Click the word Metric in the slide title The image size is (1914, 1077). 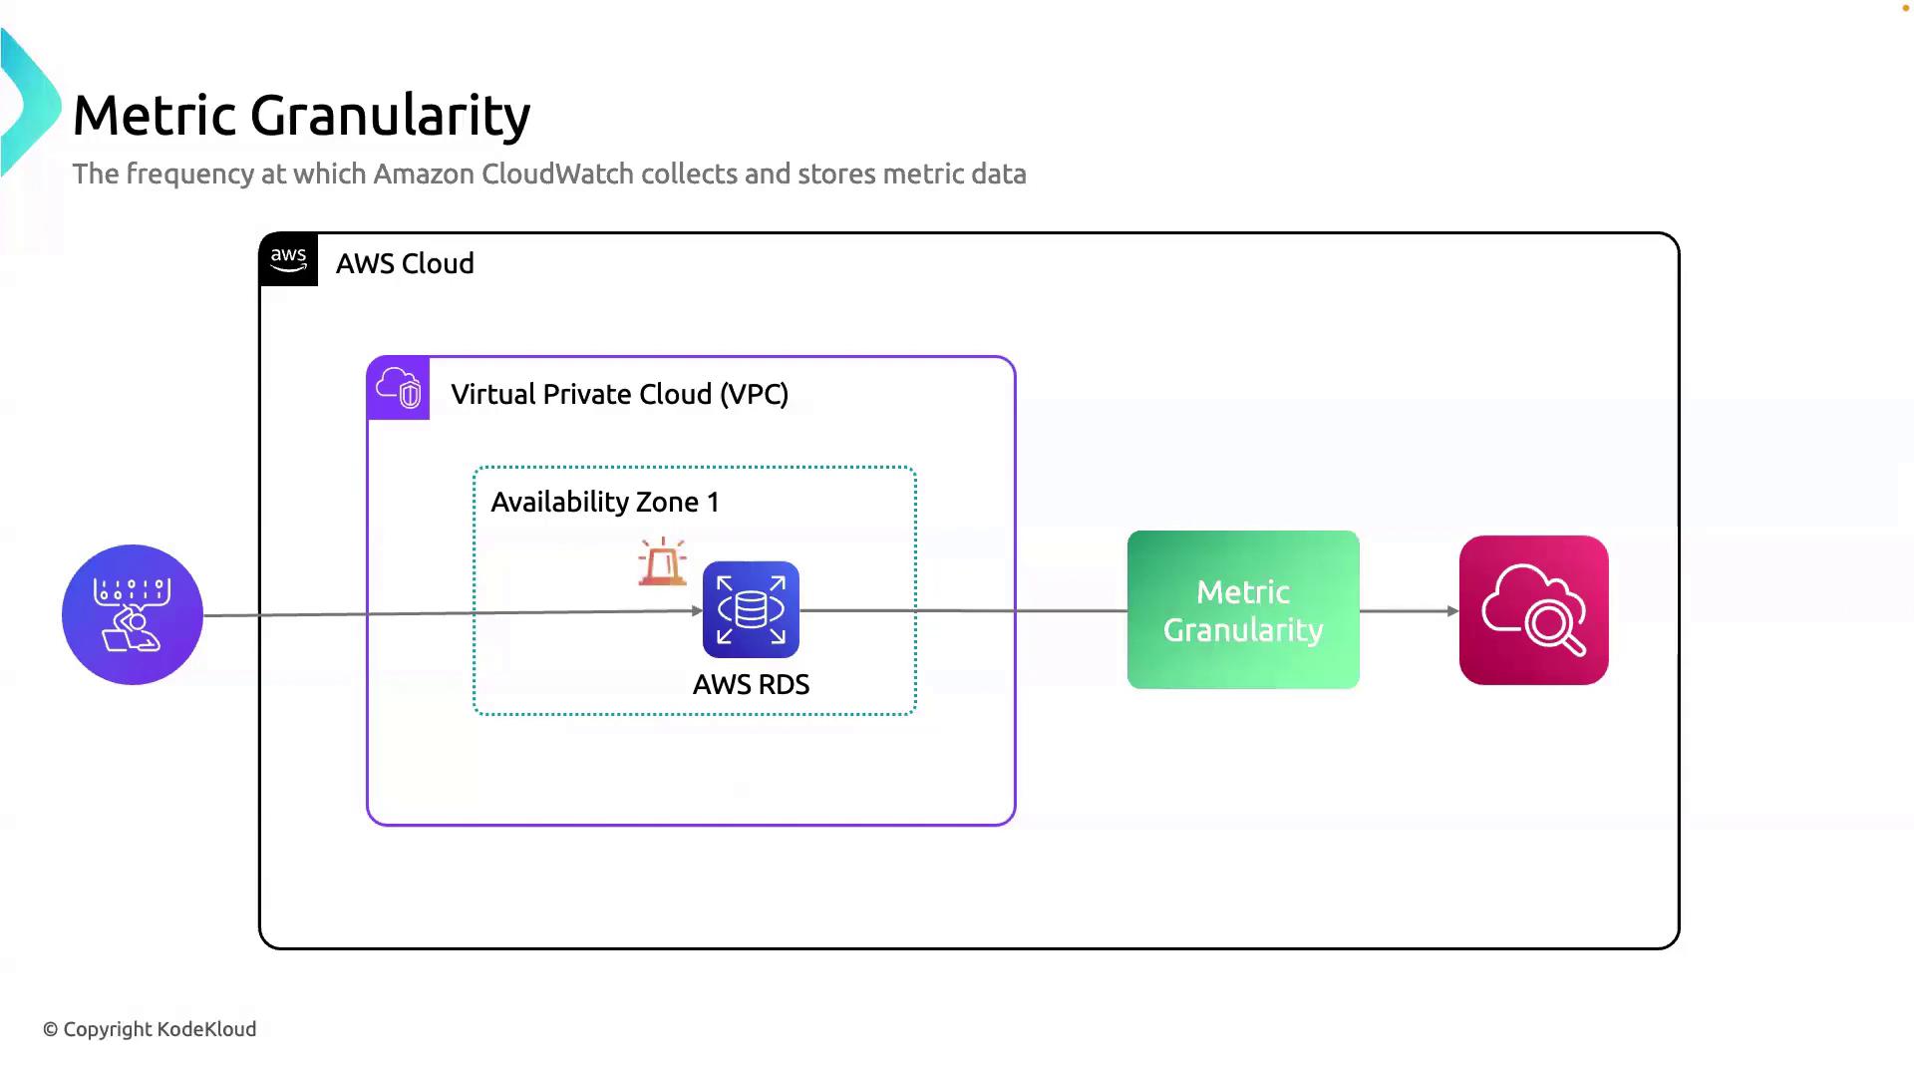(155, 115)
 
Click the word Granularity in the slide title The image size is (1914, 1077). (390, 116)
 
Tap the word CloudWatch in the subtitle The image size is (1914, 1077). (557, 174)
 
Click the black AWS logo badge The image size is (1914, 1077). (288, 259)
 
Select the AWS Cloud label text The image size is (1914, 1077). (405, 263)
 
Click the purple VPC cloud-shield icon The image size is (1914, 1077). (399, 388)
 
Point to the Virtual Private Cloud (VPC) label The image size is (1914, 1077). (619, 394)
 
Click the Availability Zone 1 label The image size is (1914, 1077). (604, 502)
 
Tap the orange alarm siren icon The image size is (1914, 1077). (662, 562)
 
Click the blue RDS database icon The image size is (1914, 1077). (751, 609)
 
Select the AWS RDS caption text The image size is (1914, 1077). (751, 684)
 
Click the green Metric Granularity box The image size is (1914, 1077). (1243, 609)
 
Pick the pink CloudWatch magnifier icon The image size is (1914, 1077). (1533, 610)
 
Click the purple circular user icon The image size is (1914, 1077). (133, 614)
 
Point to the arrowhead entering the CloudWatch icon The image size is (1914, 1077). (1452, 610)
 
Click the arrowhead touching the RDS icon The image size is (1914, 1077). (697, 611)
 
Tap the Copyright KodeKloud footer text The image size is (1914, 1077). (150, 1029)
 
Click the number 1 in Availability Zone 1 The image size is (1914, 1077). (713, 502)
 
